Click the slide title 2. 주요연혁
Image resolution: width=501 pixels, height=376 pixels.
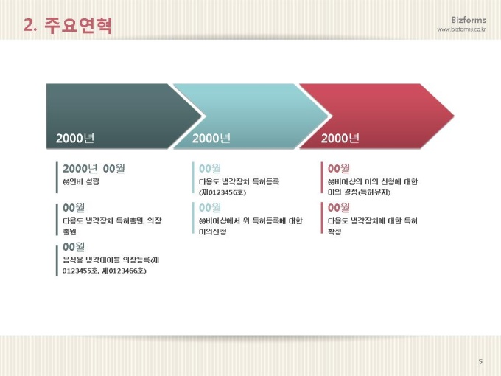tap(68, 25)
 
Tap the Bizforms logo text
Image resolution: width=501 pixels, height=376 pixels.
tap(469, 20)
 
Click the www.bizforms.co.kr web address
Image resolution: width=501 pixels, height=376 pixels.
tap(461, 29)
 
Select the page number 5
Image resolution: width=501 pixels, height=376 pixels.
tap(480, 361)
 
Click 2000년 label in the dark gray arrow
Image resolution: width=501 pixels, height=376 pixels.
tap(74, 138)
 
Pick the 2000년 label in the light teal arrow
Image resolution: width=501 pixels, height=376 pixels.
tap(211, 138)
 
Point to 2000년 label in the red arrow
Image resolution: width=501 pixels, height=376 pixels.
tap(340, 138)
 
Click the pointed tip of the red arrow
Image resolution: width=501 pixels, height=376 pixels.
tap(454, 116)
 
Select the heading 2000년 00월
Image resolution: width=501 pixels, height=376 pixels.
tap(94, 168)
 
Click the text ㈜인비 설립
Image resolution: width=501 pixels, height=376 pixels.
tap(81, 181)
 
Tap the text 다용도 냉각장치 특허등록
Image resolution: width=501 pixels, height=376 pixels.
tap(239, 181)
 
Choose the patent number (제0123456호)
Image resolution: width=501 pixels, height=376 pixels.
tap(223, 192)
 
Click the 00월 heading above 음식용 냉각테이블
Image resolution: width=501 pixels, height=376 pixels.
tap(74, 246)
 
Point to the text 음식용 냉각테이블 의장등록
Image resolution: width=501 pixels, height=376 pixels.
tap(111, 260)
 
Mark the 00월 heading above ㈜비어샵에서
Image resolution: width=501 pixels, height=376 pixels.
tap(209, 207)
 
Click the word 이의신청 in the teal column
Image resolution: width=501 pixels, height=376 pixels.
tap(212, 231)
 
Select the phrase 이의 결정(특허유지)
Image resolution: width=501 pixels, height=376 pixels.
tap(359, 192)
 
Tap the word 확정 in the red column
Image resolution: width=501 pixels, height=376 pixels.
tap(334, 231)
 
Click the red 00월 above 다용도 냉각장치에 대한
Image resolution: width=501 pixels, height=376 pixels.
tap(339, 207)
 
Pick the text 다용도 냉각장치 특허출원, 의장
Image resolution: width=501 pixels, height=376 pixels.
tap(112, 220)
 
